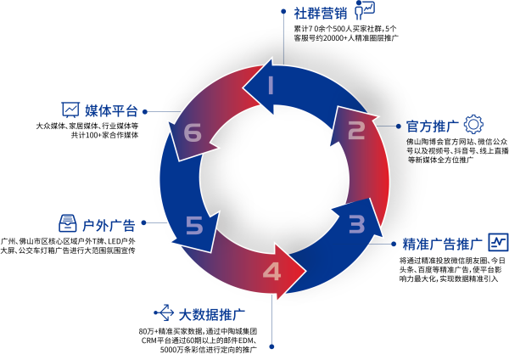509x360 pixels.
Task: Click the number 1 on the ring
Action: [x=271, y=87]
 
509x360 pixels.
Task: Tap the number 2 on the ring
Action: [x=356, y=130]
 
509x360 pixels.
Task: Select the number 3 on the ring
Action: [x=356, y=224]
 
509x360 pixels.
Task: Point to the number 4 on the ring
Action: [x=271, y=272]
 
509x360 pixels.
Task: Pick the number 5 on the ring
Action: [x=194, y=226]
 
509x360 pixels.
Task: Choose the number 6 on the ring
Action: [x=193, y=132]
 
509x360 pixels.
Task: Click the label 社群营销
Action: [x=321, y=13]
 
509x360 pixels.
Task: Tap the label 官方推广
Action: [x=432, y=127]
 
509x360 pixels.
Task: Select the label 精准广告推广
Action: [x=442, y=245]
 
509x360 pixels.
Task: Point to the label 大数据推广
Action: [x=211, y=315]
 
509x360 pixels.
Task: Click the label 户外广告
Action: [x=109, y=225]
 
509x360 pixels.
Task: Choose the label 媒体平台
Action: [x=111, y=110]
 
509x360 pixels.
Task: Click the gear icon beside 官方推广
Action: [x=473, y=125]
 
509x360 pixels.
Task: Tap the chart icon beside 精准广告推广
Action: [x=498, y=242]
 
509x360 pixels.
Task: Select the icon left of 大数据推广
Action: [x=164, y=312]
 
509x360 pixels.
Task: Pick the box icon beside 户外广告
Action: [x=68, y=223]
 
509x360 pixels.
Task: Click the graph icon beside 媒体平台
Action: [x=70, y=110]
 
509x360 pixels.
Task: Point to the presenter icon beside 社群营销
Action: [x=364, y=10]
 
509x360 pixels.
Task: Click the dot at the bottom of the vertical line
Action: [x=271, y=346]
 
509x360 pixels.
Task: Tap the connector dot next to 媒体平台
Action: [x=145, y=111]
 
